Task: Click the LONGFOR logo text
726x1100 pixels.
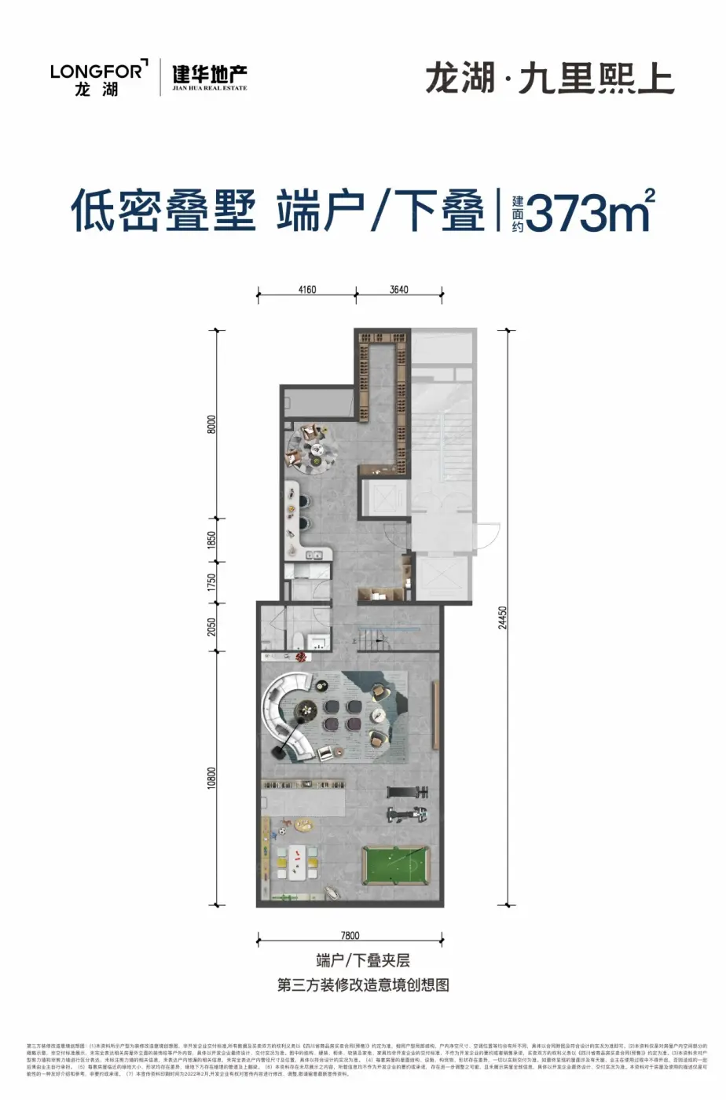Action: point(97,71)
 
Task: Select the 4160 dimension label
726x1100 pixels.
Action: point(306,290)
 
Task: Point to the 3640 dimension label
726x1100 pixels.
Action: point(398,290)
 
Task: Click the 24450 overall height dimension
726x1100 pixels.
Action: point(503,618)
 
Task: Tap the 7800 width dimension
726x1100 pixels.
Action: point(350,935)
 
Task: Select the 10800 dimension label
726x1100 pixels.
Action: point(211,778)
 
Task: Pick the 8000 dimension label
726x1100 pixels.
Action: point(211,424)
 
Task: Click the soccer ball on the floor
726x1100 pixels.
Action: point(280,829)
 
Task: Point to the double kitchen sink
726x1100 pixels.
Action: point(314,555)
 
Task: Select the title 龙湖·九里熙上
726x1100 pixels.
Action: point(549,79)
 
